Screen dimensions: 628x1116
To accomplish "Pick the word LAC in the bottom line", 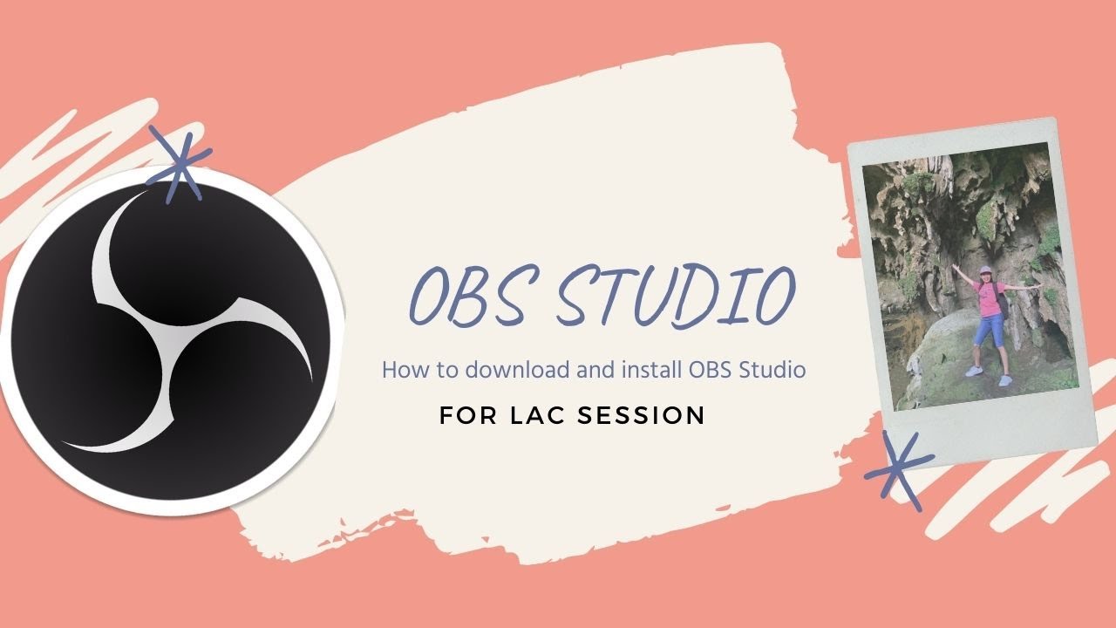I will click(539, 415).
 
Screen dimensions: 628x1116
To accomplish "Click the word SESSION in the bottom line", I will click(641, 415).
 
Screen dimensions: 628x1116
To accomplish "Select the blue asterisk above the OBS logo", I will click(180, 163).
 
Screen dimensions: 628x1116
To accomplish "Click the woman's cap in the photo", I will click(986, 271).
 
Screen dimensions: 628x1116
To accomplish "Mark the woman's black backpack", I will click(1003, 301).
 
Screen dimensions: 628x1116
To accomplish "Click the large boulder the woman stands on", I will click(942, 366).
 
